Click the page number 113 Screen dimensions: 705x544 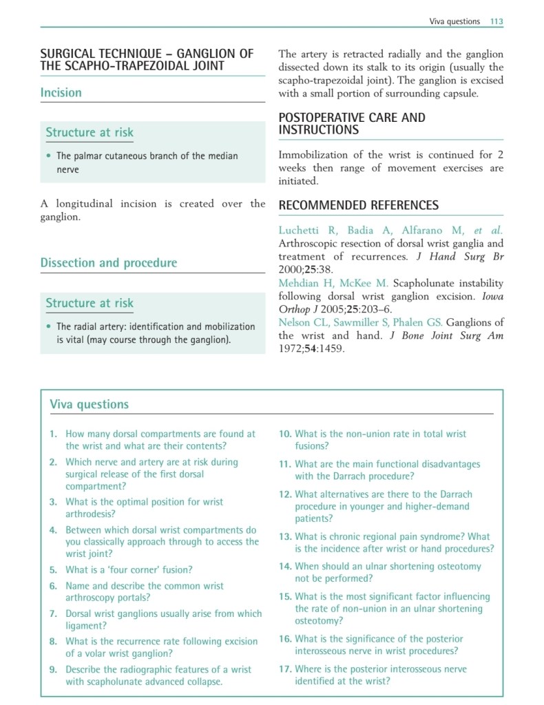pyautogui.click(x=496, y=21)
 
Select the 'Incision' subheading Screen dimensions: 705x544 pyautogui.click(x=61, y=92)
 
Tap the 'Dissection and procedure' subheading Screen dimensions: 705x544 pyautogui.click(x=108, y=262)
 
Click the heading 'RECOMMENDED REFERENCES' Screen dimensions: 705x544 pyautogui.click(x=358, y=205)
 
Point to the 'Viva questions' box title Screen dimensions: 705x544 pyautogui.click(x=89, y=404)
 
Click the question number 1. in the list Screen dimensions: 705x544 pyautogui.click(x=53, y=434)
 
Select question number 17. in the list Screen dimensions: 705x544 pyautogui.click(x=285, y=669)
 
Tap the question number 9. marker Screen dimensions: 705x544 pyautogui.click(x=53, y=669)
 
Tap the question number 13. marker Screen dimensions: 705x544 pyautogui.click(x=285, y=536)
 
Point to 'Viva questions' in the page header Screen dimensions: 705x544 pyautogui.click(x=454, y=21)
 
